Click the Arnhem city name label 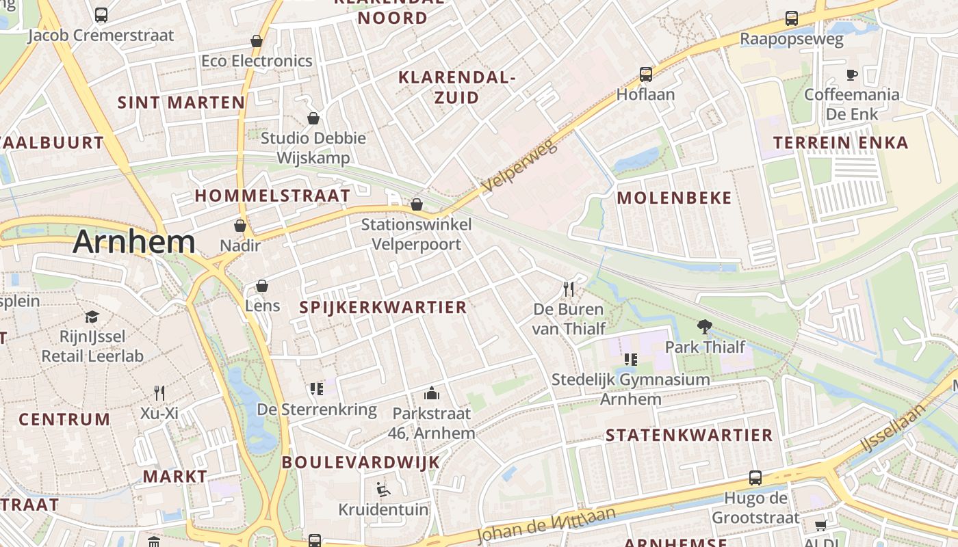134,242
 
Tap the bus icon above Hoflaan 645,75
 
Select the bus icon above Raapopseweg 792,18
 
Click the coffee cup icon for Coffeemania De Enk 852,75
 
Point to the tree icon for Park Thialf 704,326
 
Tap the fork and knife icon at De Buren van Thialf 569,289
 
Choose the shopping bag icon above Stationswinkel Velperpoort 416,204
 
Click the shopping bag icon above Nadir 240,225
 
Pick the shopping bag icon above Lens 262,285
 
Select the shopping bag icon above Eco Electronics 257,41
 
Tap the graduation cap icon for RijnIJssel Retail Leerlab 92,317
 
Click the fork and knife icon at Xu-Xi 159,392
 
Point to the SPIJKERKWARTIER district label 383,308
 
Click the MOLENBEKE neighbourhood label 674,198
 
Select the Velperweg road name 520,166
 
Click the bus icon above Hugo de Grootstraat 755,478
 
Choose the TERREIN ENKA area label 841,143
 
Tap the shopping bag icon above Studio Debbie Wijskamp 313,118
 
